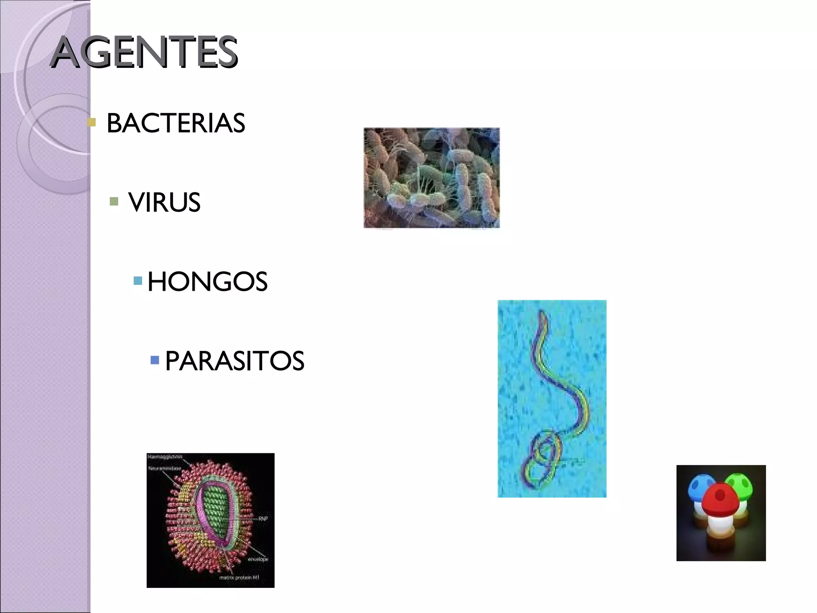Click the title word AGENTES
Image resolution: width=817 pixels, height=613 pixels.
pos(144,52)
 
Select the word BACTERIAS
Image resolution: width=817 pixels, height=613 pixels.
pos(176,123)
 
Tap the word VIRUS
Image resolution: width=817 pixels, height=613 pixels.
pos(164,202)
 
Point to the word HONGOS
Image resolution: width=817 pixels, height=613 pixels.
pos(207,282)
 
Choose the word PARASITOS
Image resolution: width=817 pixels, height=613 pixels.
pos(235,361)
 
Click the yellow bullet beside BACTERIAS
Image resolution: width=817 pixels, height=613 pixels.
pos(92,122)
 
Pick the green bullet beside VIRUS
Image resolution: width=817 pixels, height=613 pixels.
pos(114,201)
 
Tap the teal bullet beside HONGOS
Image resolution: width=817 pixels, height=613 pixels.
pos(138,281)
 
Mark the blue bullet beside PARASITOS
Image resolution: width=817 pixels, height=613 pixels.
pos(155,360)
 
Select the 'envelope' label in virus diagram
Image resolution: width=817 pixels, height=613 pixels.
pos(258,560)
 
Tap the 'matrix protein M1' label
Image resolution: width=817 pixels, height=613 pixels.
pos(239,577)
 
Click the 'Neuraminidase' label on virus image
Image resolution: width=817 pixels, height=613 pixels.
pos(164,468)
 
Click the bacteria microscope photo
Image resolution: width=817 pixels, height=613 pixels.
pos(431,178)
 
